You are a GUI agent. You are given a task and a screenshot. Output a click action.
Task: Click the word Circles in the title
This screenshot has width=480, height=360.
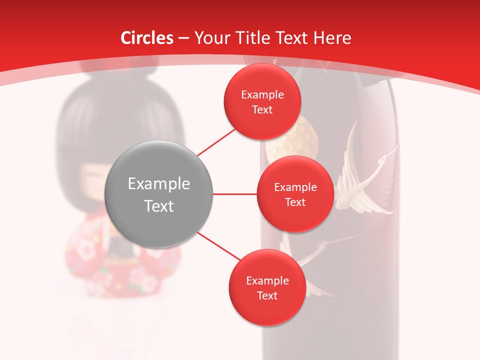point(146,38)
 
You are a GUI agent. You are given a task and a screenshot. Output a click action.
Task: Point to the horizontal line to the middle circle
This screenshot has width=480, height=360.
point(234,194)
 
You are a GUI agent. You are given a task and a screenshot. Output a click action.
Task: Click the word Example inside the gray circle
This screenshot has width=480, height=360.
point(158,183)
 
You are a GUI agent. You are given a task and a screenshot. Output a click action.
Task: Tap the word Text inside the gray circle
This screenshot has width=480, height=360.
point(158,206)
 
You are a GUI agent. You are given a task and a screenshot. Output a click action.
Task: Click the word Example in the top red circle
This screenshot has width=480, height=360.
point(262,94)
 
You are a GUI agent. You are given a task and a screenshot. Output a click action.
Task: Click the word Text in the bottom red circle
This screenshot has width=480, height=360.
point(267,295)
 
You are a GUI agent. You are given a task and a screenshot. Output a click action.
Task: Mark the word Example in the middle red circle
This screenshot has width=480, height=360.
point(295,187)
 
